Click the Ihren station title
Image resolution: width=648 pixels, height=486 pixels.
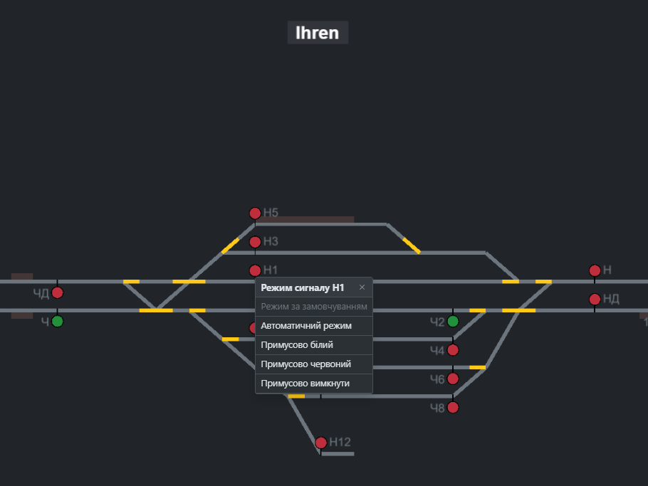[x=318, y=33]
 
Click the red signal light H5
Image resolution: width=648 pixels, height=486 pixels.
[x=255, y=213]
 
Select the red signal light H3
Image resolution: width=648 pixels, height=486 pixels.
[x=255, y=241]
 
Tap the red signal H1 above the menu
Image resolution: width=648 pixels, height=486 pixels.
[x=255, y=270]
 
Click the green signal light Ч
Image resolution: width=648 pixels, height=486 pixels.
[x=58, y=321]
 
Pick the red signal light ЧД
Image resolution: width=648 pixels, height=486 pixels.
[x=58, y=292]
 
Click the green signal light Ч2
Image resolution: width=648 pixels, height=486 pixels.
[x=453, y=321]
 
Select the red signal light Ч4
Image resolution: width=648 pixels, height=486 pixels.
[x=453, y=350]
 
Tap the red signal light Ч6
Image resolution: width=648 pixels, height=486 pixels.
[x=453, y=379]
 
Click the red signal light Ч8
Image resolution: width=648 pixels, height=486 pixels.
[x=453, y=408]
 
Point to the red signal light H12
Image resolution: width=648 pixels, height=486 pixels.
[x=321, y=443]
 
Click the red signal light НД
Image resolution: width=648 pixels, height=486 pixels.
[x=595, y=299]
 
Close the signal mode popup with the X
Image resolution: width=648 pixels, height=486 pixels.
[x=362, y=287]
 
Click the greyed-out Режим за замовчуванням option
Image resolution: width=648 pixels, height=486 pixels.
[x=314, y=307]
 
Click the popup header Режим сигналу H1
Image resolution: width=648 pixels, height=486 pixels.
[x=303, y=287]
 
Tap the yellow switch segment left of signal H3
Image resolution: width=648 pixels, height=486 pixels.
[x=230, y=245]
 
